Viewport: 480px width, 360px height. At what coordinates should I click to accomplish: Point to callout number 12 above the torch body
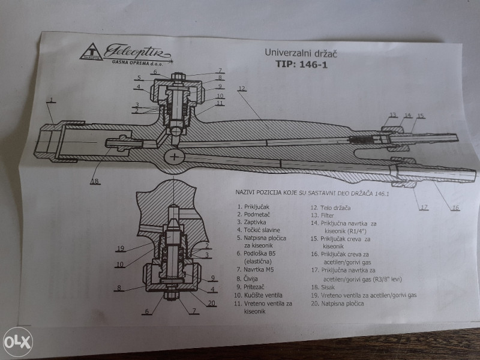[241, 89]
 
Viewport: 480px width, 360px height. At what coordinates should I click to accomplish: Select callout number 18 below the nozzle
[94, 181]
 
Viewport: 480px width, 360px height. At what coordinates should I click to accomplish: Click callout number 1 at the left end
[52, 100]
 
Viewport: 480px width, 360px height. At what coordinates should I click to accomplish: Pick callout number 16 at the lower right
[455, 208]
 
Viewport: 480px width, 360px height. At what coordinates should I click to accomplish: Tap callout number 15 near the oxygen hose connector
[420, 115]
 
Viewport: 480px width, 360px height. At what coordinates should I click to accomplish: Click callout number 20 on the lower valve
[211, 302]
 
